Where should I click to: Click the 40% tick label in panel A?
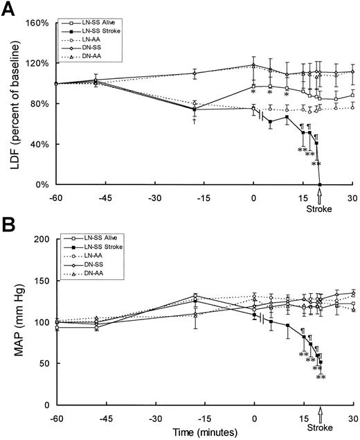(37, 144)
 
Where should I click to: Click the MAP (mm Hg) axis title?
(13, 322)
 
